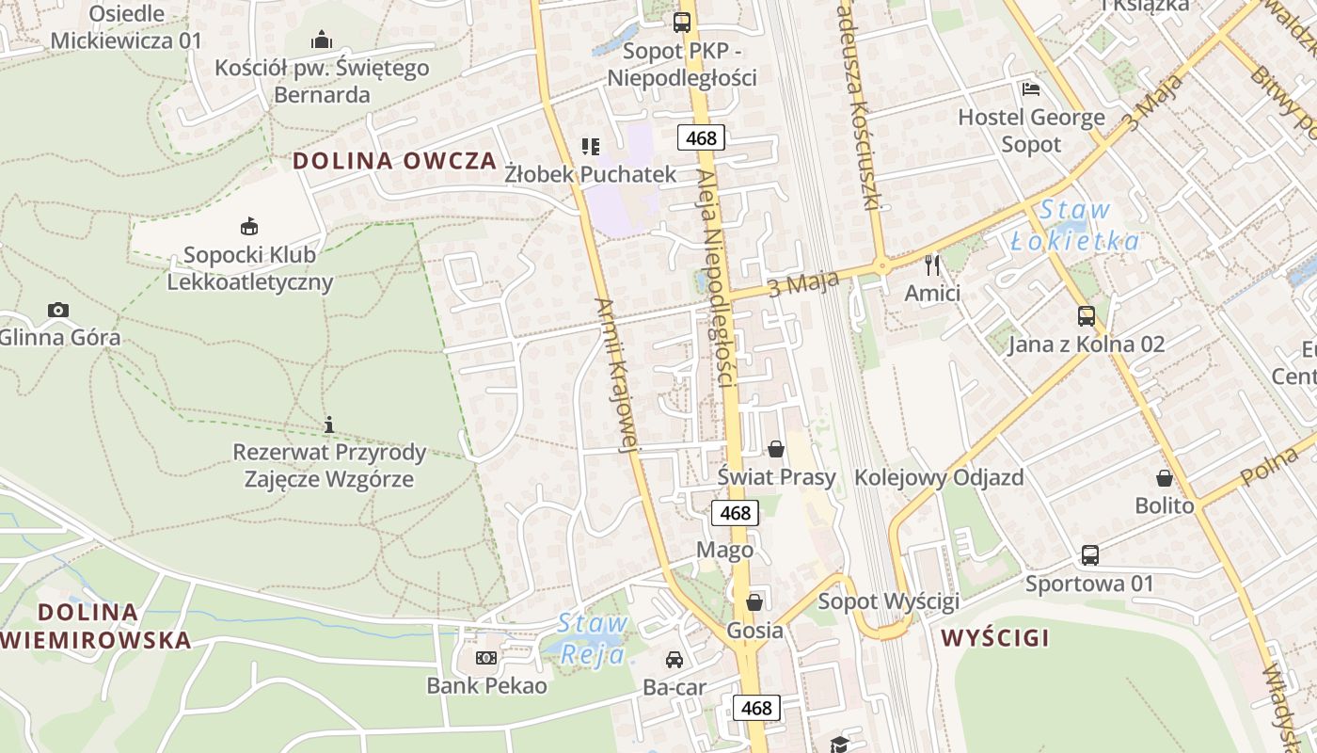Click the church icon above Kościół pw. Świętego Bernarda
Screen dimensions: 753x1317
[x=322, y=40]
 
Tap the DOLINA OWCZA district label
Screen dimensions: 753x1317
[x=394, y=160]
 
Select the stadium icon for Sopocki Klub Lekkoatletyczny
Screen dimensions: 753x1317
[x=249, y=226]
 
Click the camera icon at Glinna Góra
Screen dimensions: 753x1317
[x=58, y=310]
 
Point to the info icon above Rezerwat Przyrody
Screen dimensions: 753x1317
[x=329, y=425]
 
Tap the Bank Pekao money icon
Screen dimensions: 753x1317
[x=486, y=658]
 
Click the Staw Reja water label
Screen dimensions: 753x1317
[x=593, y=637]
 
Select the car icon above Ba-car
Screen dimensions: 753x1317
[x=674, y=660]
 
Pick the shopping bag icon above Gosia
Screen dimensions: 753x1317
[x=754, y=602]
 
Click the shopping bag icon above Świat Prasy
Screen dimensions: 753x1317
[x=776, y=449]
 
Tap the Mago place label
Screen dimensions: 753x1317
[x=724, y=550]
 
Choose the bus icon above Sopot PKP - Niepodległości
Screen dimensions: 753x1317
[x=682, y=23]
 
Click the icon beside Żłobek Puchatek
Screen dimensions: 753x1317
[x=590, y=146]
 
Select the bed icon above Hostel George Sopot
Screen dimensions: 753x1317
[x=1031, y=90]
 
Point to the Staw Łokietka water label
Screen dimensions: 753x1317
[x=1075, y=226]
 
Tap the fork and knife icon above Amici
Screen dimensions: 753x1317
[x=932, y=265]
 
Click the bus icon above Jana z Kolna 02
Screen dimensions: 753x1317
[x=1087, y=316]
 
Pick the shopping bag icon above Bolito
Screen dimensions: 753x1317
[x=1165, y=478]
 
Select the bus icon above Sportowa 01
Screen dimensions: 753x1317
[x=1089, y=555]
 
